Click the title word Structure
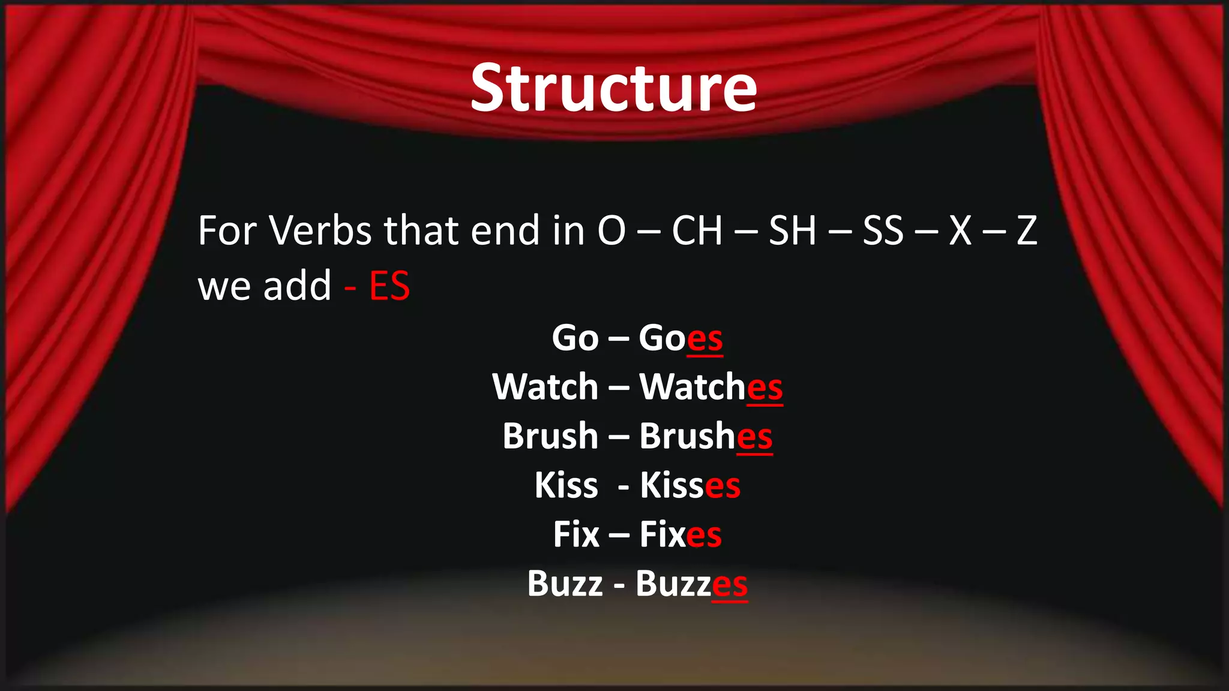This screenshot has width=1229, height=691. point(613,89)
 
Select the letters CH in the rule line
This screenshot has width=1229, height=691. point(697,230)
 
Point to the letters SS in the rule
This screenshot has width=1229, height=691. point(883,230)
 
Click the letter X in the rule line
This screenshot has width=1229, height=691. point(960,230)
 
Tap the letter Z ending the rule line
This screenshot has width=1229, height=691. point(1027,230)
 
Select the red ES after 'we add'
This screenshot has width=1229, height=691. point(389,286)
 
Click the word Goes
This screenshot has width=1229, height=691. point(681,338)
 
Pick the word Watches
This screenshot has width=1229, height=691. point(711,387)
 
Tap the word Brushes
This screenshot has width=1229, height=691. point(706,436)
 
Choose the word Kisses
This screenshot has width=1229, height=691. point(690,485)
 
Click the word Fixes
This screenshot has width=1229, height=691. point(681,534)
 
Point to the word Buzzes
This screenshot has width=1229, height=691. point(691,584)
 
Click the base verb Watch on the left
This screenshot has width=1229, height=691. point(545,387)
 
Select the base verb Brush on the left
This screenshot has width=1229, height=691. point(550,436)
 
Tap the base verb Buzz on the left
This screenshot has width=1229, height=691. point(565,584)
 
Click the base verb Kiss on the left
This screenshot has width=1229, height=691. point(566,485)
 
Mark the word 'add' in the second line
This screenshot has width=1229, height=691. point(297,286)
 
